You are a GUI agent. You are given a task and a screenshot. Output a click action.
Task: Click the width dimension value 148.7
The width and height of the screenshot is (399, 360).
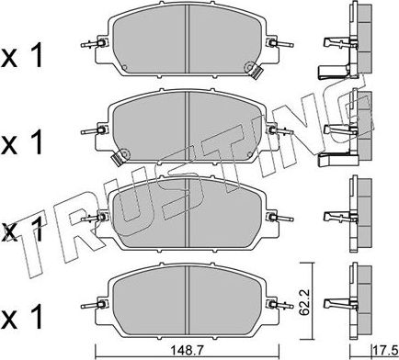click(188, 349)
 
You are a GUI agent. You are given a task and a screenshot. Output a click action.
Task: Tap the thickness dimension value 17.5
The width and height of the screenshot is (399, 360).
click(384, 349)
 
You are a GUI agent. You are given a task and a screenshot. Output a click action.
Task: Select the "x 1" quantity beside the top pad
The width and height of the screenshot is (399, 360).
click(21, 56)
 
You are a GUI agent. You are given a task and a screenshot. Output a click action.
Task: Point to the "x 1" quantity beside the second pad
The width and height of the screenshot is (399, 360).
click(21, 141)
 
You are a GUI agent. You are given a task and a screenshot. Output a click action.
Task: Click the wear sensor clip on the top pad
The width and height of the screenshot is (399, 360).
click(255, 71)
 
